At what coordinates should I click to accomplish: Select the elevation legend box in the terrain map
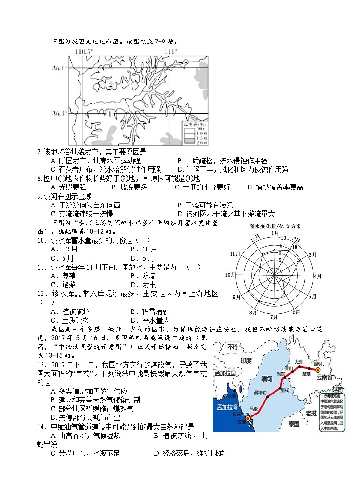(x=194, y=132)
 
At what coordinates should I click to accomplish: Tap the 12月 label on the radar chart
(x=254, y=238)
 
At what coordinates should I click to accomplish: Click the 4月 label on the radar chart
(x=318, y=276)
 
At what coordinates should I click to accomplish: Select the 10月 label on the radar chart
(x=230, y=275)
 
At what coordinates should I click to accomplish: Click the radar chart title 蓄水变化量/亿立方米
(x=275, y=226)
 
